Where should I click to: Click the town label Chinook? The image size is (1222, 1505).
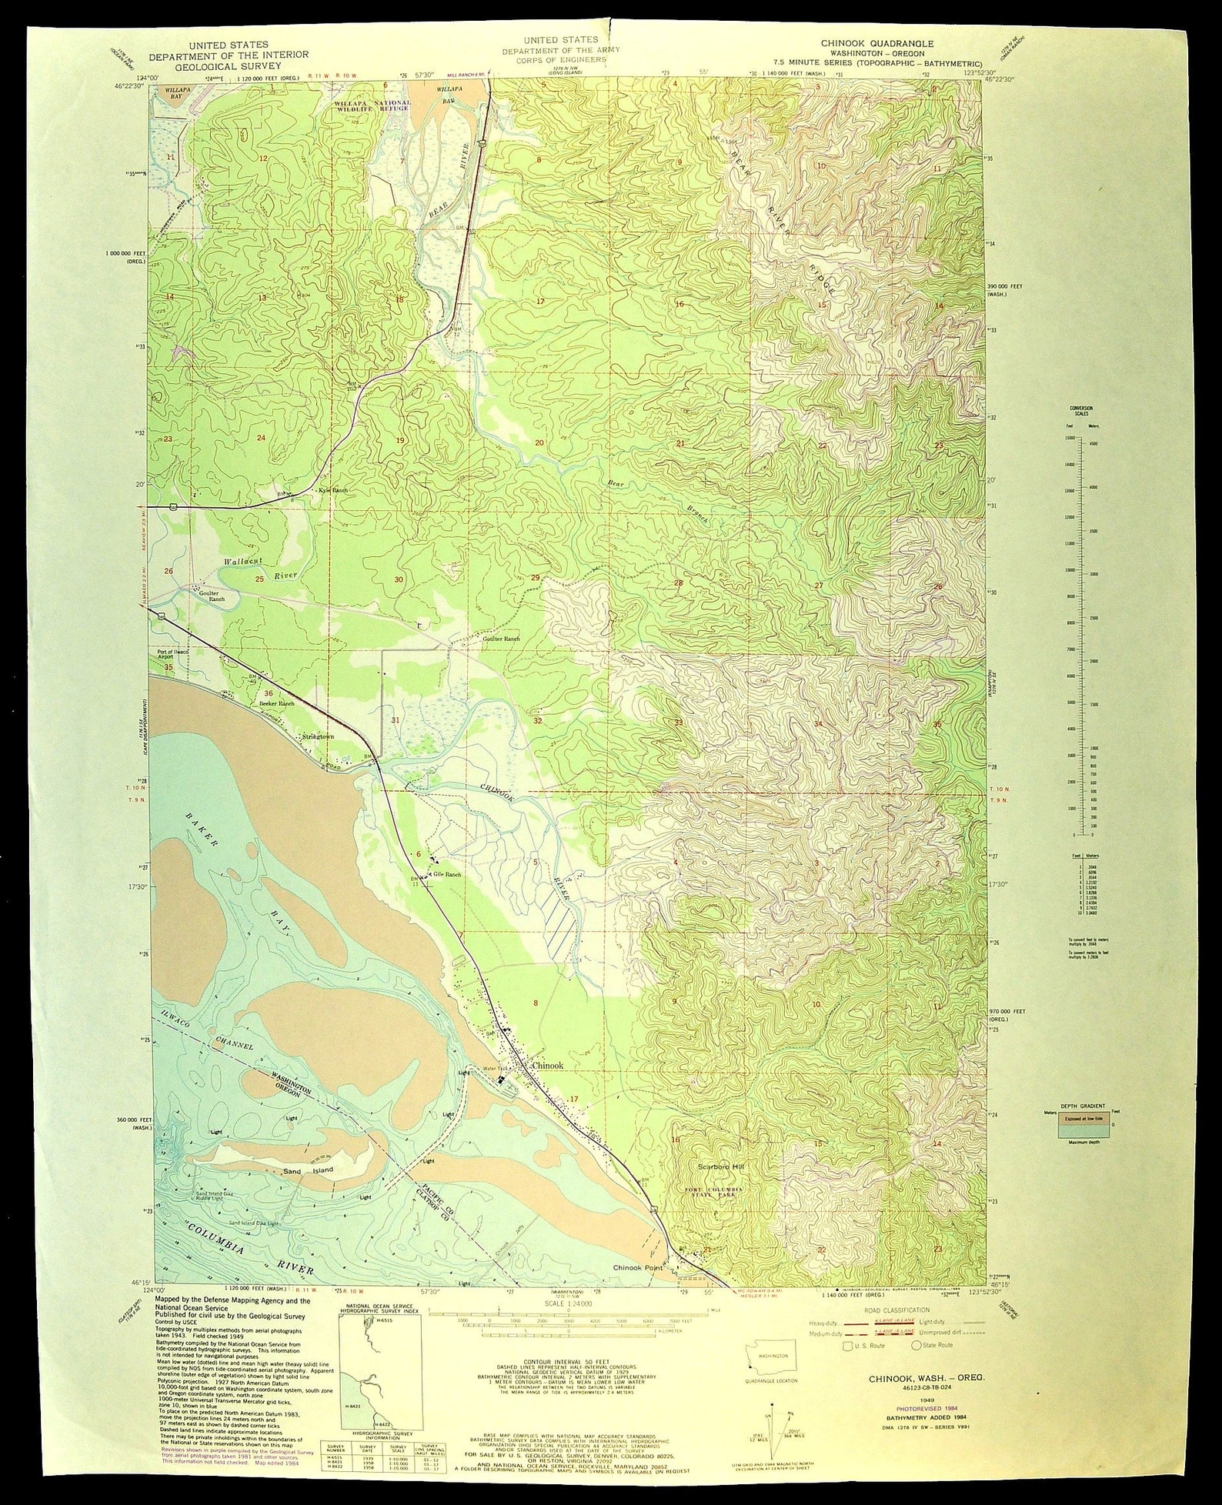pos(548,1066)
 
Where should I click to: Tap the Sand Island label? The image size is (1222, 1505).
pos(308,1192)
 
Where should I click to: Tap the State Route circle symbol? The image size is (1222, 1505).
pos(916,1346)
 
